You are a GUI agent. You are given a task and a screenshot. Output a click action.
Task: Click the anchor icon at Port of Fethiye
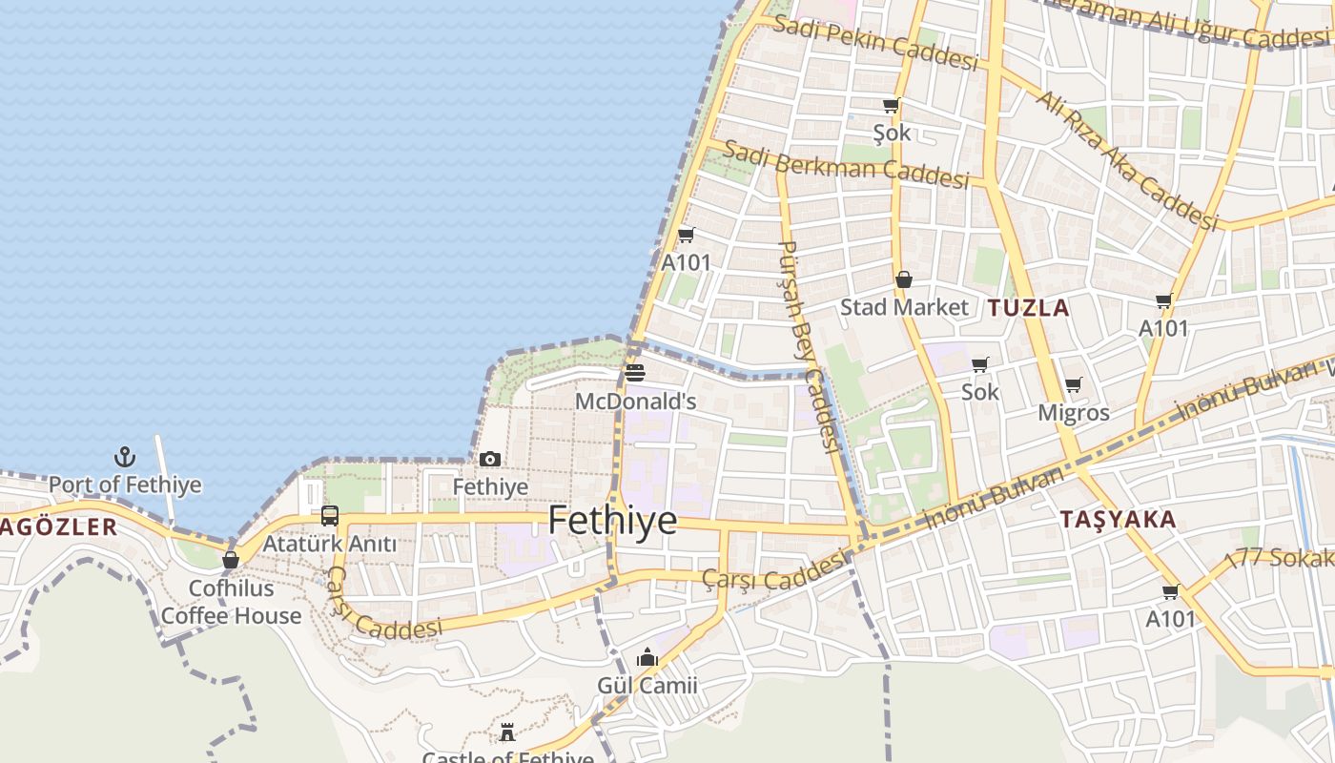click(x=125, y=456)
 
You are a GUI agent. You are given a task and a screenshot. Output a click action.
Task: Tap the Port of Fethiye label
click(x=125, y=485)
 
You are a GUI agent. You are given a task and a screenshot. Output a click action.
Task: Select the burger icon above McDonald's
click(x=635, y=373)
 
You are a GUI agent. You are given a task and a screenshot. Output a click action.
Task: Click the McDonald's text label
click(x=635, y=402)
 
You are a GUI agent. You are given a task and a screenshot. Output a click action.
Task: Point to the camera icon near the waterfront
click(x=490, y=460)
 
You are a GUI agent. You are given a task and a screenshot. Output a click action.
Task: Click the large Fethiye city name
click(x=612, y=522)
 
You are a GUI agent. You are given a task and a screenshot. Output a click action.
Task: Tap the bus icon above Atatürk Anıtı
click(x=330, y=516)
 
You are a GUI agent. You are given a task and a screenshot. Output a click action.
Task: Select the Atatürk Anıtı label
click(x=330, y=544)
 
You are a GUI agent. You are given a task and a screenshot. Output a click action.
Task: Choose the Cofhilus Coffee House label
click(x=231, y=602)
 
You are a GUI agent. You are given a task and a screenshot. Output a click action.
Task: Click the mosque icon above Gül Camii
click(x=647, y=658)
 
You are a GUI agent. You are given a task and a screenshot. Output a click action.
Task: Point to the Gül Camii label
click(x=647, y=686)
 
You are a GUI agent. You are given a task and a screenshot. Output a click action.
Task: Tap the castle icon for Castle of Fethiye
click(x=507, y=732)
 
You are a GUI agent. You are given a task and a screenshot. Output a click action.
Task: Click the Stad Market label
click(x=904, y=307)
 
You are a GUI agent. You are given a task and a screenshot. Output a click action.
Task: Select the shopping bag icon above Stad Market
click(x=903, y=279)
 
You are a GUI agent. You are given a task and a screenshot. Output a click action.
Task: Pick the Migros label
click(x=1074, y=413)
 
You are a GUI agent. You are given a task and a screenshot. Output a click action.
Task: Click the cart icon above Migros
click(x=1074, y=385)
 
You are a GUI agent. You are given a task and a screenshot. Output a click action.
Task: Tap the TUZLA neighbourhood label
click(x=1029, y=308)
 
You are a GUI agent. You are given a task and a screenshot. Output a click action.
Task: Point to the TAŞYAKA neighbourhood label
click(x=1119, y=520)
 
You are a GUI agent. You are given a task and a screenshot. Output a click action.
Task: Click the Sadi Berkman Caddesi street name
click(x=846, y=164)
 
